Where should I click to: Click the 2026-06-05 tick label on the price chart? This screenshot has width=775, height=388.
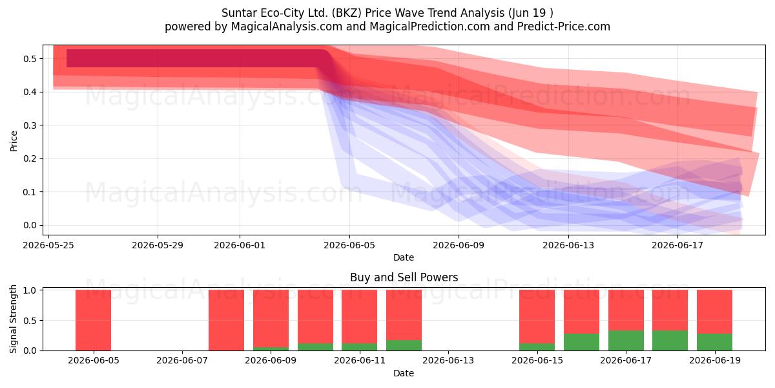pos(349,245)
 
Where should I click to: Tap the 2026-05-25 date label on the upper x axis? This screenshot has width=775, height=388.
pos(48,245)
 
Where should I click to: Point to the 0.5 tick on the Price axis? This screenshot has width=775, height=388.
pos(30,59)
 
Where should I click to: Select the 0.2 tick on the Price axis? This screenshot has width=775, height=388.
pos(30,158)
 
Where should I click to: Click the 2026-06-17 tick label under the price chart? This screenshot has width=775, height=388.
pos(677,245)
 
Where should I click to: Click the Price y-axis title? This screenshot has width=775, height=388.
pos(14,141)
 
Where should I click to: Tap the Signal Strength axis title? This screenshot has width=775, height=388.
pos(13,319)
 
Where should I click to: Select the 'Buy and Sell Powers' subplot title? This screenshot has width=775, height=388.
pos(404,277)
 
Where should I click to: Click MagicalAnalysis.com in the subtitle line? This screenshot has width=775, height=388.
pos(287,27)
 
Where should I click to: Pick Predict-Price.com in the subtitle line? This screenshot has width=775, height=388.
pos(564,27)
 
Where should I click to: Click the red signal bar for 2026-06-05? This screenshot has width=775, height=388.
pos(94,320)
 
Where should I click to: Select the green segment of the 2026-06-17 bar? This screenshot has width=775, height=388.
pos(626,341)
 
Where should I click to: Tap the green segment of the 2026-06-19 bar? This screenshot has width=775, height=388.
pos(714,342)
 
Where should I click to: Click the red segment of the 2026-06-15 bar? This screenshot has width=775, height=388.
pos(537,316)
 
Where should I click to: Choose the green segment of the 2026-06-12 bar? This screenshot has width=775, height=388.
pos(404,345)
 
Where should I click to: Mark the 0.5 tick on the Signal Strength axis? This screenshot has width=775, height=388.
pos(30,321)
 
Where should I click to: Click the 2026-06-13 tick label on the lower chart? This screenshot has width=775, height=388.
pos(448,361)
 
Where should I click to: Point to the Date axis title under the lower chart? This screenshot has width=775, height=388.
pos(404,374)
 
